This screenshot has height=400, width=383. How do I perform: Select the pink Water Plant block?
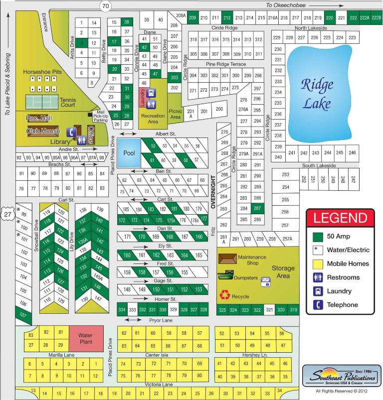(x=85, y=339)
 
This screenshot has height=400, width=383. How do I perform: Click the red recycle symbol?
(x=225, y=295)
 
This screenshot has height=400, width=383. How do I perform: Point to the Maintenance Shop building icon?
(x=228, y=259)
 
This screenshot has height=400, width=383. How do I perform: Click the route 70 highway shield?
(x=105, y=6)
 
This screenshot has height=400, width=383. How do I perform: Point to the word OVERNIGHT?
(x=212, y=186)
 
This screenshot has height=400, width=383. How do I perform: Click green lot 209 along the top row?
(x=193, y=18)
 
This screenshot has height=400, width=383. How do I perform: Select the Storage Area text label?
(x=282, y=271)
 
